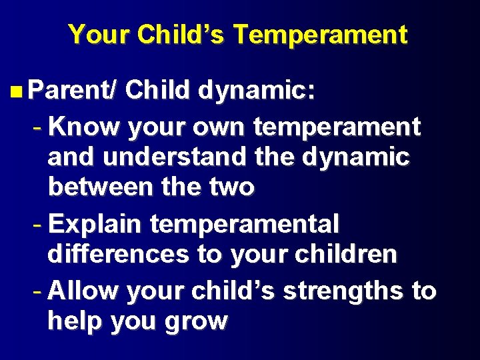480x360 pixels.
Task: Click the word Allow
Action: click(x=83, y=291)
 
